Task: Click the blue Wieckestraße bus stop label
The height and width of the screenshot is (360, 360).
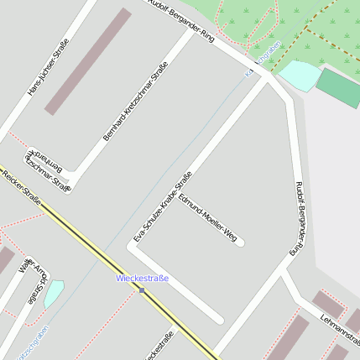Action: click(x=142, y=278)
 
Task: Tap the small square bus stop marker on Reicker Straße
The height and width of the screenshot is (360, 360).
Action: click(x=142, y=291)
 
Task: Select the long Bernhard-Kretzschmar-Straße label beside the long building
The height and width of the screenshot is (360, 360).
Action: click(x=130, y=107)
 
